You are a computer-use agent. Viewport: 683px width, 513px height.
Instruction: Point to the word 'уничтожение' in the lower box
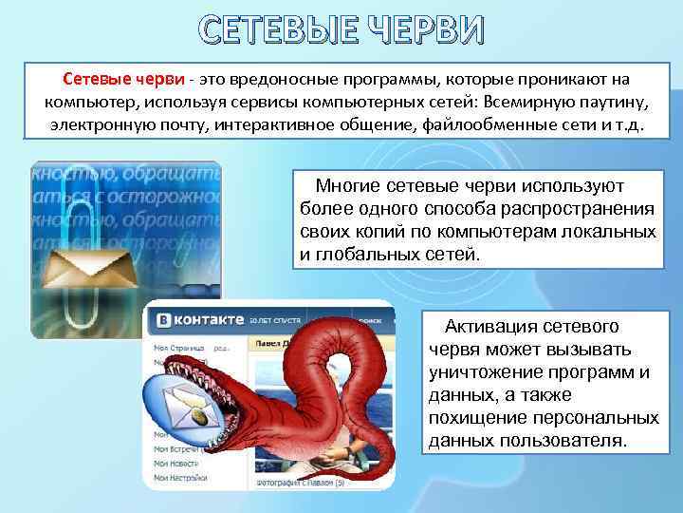pyautogui.click(x=488, y=372)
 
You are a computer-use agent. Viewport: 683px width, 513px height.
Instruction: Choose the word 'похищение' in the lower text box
pyautogui.click(x=476, y=418)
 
